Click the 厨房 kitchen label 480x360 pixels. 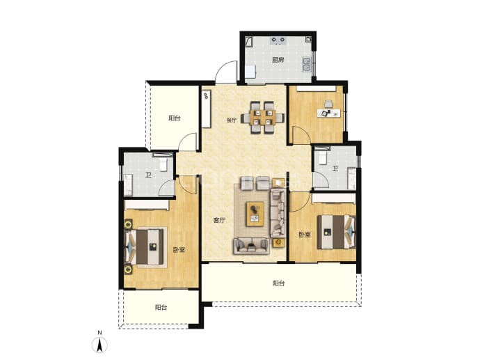click(x=278, y=60)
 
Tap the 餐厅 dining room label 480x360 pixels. click(x=232, y=120)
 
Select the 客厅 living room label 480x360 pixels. click(x=219, y=220)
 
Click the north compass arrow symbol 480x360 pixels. click(x=99, y=345)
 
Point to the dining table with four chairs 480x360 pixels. click(x=263, y=118)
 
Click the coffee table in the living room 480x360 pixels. click(x=255, y=214)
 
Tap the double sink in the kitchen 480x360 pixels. click(x=306, y=64)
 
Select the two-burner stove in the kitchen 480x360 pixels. click(x=278, y=40)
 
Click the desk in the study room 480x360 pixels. click(x=329, y=113)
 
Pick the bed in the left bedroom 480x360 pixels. click(x=145, y=247)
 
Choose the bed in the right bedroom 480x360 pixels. click(x=336, y=232)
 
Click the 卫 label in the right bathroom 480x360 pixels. click(x=335, y=169)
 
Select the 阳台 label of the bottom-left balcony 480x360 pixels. click(x=161, y=307)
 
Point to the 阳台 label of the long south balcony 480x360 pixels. click(x=278, y=283)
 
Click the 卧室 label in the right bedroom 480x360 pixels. click(x=305, y=235)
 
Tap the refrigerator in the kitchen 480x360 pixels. click(x=251, y=72)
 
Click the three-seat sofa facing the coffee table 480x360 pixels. click(x=252, y=246)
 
